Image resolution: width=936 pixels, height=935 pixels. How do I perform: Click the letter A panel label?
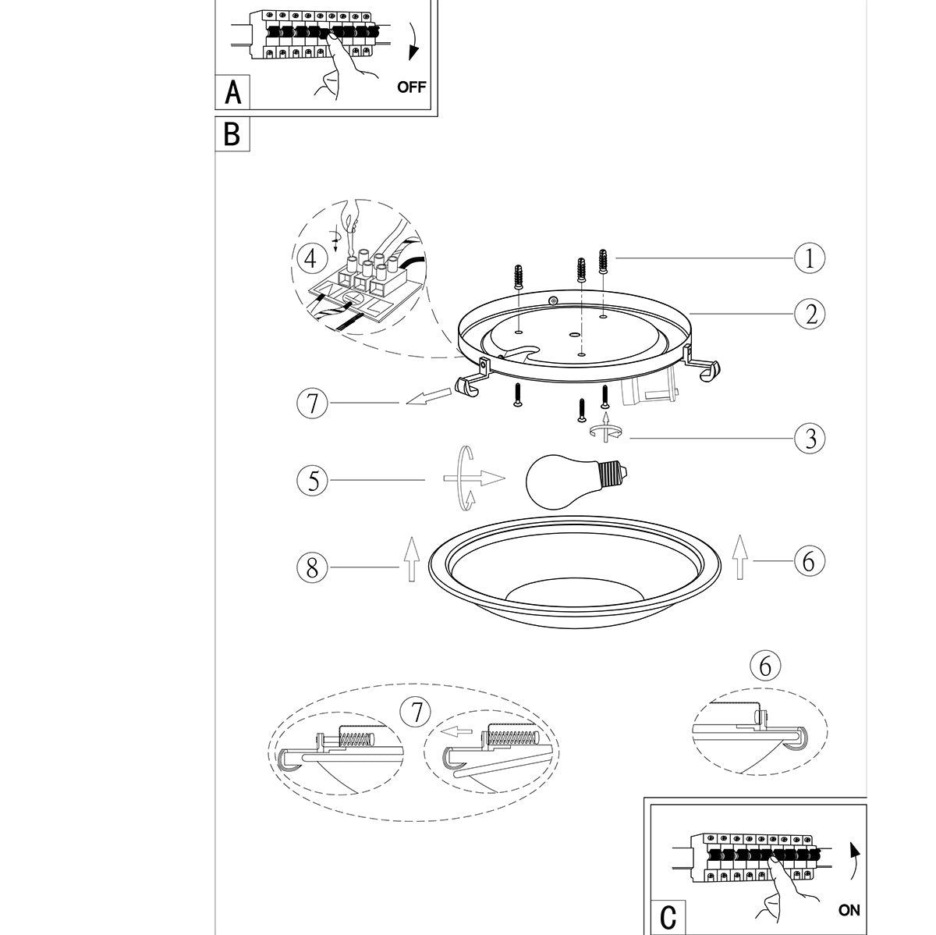(x=233, y=92)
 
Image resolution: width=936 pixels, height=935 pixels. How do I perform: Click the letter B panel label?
(x=232, y=133)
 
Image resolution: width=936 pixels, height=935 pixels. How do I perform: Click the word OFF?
(x=411, y=87)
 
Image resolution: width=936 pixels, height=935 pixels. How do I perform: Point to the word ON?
(x=849, y=910)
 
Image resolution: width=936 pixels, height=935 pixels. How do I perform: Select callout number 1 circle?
(x=810, y=258)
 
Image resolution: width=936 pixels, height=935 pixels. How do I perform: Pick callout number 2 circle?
(x=810, y=314)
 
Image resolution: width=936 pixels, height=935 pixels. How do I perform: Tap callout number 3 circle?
(x=810, y=439)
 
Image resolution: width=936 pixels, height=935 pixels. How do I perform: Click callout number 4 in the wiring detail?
(x=310, y=258)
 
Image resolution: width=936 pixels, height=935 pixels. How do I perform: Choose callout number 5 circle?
(x=312, y=481)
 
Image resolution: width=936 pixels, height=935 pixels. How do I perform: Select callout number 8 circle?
(x=312, y=567)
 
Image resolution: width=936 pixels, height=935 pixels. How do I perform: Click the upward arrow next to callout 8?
(x=411, y=559)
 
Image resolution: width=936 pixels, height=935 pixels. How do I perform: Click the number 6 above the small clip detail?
(x=765, y=666)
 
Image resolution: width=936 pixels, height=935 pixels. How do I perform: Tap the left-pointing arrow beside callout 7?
(x=429, y=396)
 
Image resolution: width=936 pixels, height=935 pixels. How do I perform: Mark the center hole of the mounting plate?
(x=573, y=336)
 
